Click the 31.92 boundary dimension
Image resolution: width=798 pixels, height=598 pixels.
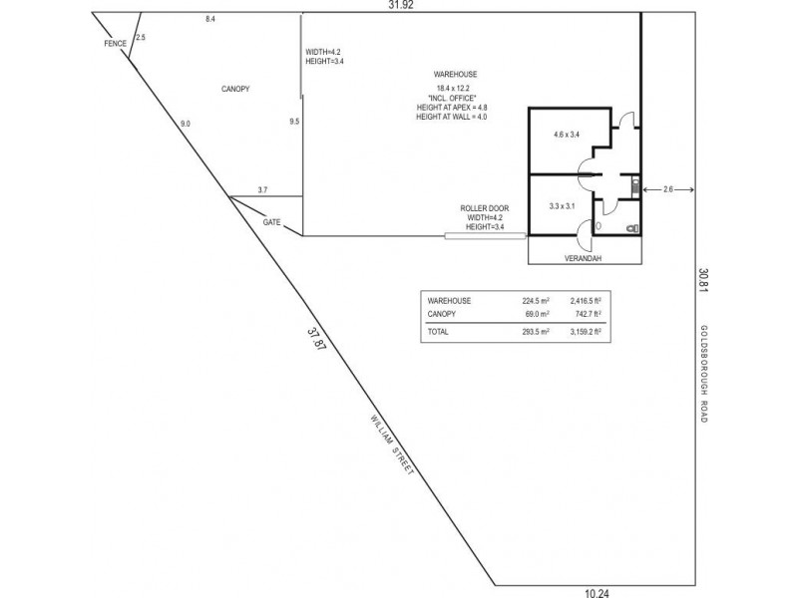pos(401,6)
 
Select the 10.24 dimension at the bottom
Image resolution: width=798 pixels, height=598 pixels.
pos(597,592)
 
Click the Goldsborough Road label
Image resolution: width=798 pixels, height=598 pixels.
pos(703,375)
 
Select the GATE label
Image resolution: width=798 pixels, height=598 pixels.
pos(271,222)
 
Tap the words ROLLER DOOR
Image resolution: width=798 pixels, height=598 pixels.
pos(479,208)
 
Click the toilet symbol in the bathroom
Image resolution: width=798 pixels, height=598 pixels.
pos(631,228)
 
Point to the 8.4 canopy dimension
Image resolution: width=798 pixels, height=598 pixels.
pos(210,19)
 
